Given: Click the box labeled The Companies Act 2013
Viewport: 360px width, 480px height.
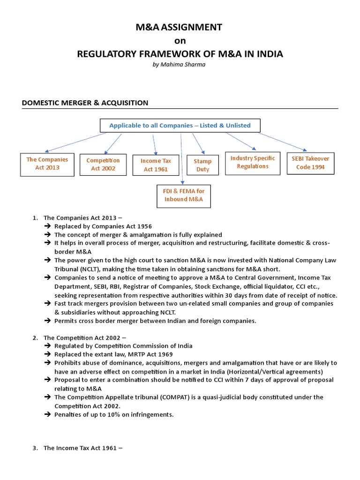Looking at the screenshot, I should (47, 164).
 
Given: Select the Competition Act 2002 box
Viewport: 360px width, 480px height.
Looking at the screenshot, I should (103, 165).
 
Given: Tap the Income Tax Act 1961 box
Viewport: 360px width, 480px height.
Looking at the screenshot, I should (156, 165).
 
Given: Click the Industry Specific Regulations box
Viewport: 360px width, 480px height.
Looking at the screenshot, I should (253, 163).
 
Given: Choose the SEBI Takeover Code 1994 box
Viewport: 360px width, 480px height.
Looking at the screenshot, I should (310, 163).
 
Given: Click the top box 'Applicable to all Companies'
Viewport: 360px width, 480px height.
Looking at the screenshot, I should (180, 126).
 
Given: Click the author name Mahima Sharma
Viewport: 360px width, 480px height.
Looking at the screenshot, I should (180, 65).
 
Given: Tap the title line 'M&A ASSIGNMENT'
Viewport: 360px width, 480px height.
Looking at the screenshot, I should (180, 27).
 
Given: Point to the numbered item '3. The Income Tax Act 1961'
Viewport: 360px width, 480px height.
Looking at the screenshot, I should (83, 448).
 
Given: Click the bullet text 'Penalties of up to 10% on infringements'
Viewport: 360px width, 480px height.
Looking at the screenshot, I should (114, 414).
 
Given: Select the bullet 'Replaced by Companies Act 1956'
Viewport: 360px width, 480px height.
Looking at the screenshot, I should (103, 226).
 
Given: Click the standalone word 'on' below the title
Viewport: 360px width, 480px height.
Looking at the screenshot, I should (180, 41).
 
